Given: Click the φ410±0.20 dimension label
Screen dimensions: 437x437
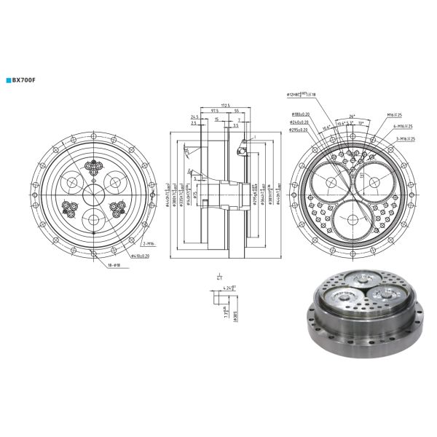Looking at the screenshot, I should [141, 256].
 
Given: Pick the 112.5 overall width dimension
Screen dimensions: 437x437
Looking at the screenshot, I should [226, 106].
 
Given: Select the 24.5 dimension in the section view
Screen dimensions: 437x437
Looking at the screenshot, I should [194, 117].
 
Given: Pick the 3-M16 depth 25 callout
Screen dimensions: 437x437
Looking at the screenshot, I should [401, 138].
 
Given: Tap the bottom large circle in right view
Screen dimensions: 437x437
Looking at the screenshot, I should [353, 218].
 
